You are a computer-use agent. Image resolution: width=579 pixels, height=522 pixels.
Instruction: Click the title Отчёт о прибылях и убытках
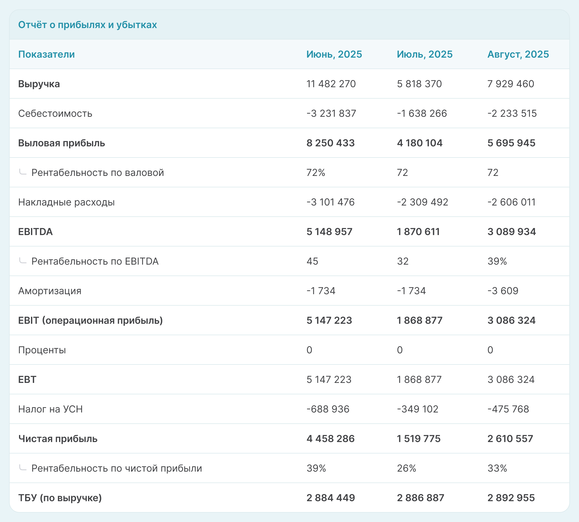coord(87,25)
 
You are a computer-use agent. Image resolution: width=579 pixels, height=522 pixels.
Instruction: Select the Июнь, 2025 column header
coord(334,54)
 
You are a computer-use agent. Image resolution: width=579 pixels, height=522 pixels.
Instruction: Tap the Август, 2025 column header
coord(518,54)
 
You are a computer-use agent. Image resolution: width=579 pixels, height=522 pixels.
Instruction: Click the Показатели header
coord(46,54)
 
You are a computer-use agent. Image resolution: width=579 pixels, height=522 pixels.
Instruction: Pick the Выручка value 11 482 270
coord(331,84)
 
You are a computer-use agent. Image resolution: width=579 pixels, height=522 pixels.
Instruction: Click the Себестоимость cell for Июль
coord(422,113)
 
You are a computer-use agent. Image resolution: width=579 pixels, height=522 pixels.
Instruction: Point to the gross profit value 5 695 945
coord(511,143)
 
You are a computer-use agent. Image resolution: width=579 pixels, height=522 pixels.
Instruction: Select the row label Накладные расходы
coord(66,202)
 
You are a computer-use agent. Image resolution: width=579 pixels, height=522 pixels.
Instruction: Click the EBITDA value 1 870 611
coord(418,232)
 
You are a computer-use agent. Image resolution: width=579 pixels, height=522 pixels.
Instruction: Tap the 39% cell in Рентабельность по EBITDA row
coord(497,261)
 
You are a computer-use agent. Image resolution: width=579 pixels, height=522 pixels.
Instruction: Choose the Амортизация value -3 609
coord(503,291)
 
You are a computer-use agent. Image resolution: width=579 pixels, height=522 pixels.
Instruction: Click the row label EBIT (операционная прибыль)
coord(90,320)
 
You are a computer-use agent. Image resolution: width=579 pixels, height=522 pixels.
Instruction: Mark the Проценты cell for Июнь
coord(309,350)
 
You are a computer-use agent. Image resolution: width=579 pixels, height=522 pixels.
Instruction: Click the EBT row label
coord(27,380)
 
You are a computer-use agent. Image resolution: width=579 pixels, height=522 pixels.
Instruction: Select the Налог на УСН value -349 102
coord(418,409)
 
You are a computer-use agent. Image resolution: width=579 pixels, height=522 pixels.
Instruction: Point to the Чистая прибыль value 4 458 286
coord(331,439)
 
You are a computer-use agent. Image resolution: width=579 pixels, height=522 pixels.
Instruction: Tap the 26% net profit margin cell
coord(407,468)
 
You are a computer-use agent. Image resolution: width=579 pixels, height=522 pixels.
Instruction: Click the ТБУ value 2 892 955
coord(511,498)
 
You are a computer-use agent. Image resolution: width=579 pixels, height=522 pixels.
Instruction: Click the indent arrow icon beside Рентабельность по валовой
coord(23,172)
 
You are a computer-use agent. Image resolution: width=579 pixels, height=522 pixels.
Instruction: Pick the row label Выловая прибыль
coord(62,143)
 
